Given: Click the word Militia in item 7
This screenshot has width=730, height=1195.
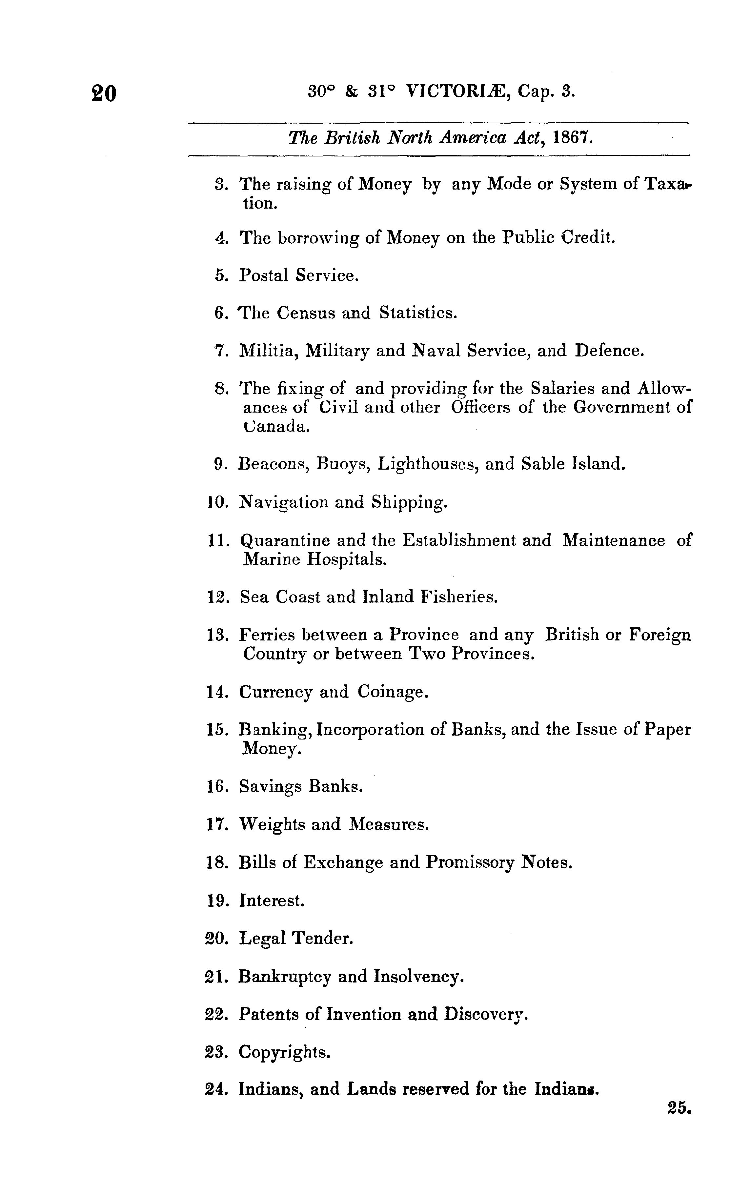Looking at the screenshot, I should tap(267, 350).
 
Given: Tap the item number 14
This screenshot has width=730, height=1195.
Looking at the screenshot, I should tap(217, 692).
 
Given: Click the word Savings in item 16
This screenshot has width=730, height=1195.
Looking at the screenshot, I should tap(270, 786).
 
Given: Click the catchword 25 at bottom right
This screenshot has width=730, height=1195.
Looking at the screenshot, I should tap(679, 1108).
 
